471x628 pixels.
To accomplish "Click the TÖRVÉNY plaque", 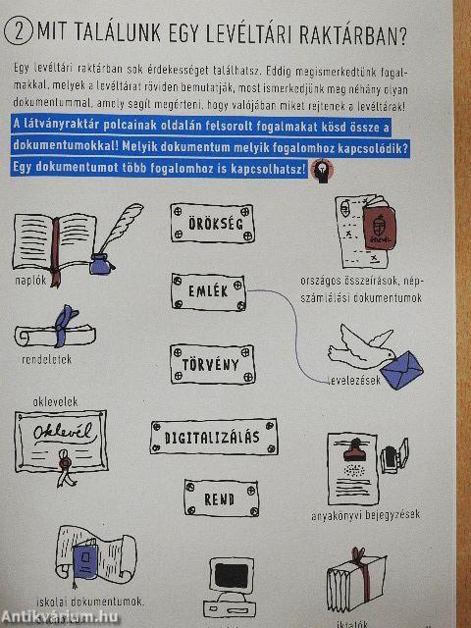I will coord(211,365).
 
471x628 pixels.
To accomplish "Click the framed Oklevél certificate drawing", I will coord(61,439).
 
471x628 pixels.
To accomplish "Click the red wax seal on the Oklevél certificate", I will coord(67,459).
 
